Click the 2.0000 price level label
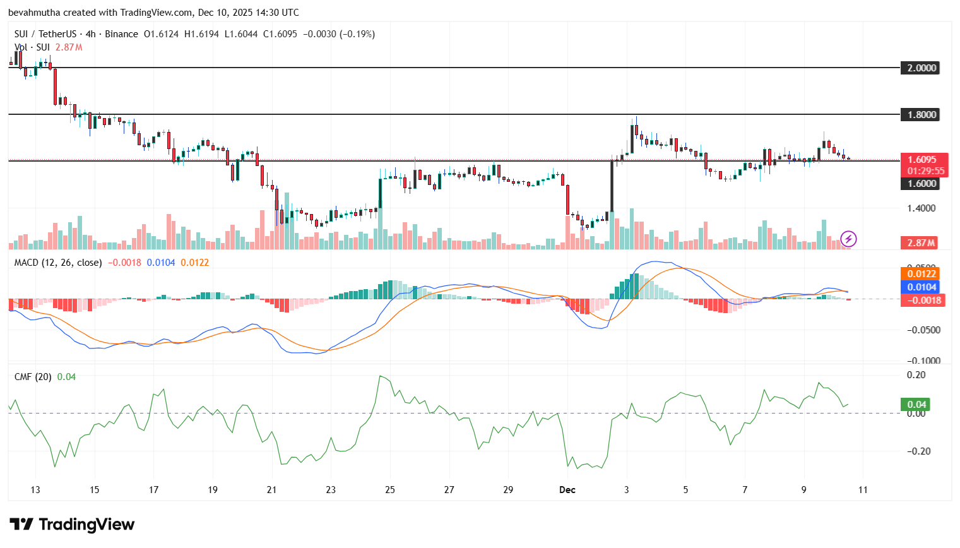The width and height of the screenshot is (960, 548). [921, 68]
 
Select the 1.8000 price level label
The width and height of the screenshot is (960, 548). [921, 115]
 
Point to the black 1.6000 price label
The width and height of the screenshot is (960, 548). [921, 184]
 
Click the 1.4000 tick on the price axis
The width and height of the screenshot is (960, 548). [921, 208]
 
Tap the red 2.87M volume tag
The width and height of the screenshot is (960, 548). [921, 243]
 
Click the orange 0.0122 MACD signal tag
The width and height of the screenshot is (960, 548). [921, 274]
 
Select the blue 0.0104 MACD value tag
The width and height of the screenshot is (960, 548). [921, 287]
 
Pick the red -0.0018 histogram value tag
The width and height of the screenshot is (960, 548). [923, 301]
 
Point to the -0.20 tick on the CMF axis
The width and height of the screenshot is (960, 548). [916, 451]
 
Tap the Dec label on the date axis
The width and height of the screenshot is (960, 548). [567, 490]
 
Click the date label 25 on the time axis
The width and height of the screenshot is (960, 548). [390, 490]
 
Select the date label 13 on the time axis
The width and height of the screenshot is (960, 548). [35, 490]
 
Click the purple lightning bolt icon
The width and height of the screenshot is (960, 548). [849, 239]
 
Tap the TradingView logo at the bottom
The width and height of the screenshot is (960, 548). [72, 525]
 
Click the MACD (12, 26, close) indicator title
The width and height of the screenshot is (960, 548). [58, 263]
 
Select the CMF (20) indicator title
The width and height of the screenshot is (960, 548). [33, 377]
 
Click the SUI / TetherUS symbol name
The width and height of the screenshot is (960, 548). [45, 34]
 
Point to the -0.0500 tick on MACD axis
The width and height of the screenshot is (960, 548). [923, 330]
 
